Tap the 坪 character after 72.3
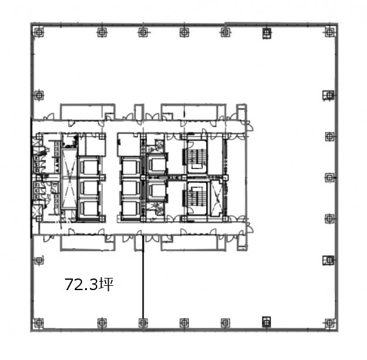coord(106,285)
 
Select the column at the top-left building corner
coord(39,32)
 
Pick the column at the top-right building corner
coord(329,32)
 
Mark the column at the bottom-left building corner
coord(39,323)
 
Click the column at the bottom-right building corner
coord(329,323)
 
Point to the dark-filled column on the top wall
coord(267,33)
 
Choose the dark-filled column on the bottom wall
coord(267,322)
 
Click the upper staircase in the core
coord(197,156)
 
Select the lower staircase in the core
coord(197,198)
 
